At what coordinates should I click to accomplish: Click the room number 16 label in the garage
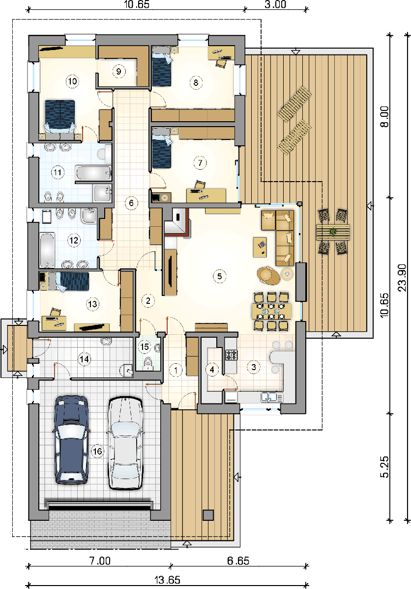(97, 452)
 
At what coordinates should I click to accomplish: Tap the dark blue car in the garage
(71, 440)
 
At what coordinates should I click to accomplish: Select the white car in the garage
(126, 443)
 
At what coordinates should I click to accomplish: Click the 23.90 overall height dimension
(402, 278)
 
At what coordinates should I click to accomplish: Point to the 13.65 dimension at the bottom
(167, 580)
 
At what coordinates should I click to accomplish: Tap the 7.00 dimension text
(100, 561)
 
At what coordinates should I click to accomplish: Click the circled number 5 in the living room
(219, 276)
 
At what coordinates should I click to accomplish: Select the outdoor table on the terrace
(333, 232)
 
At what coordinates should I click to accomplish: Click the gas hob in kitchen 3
(232, 354)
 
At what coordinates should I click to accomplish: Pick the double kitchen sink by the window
(272, 397)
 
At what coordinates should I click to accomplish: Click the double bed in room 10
(60, 116)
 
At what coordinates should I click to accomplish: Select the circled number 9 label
(118, 71)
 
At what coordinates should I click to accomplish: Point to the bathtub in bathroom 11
(93, 173)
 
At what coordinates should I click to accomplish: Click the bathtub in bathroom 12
(47, 249)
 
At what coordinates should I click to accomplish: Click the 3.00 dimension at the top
(275, 4)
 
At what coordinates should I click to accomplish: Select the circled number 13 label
(92, 304)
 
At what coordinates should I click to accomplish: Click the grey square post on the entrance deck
(208, 515)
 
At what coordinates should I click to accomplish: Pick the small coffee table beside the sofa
(260, 247)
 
